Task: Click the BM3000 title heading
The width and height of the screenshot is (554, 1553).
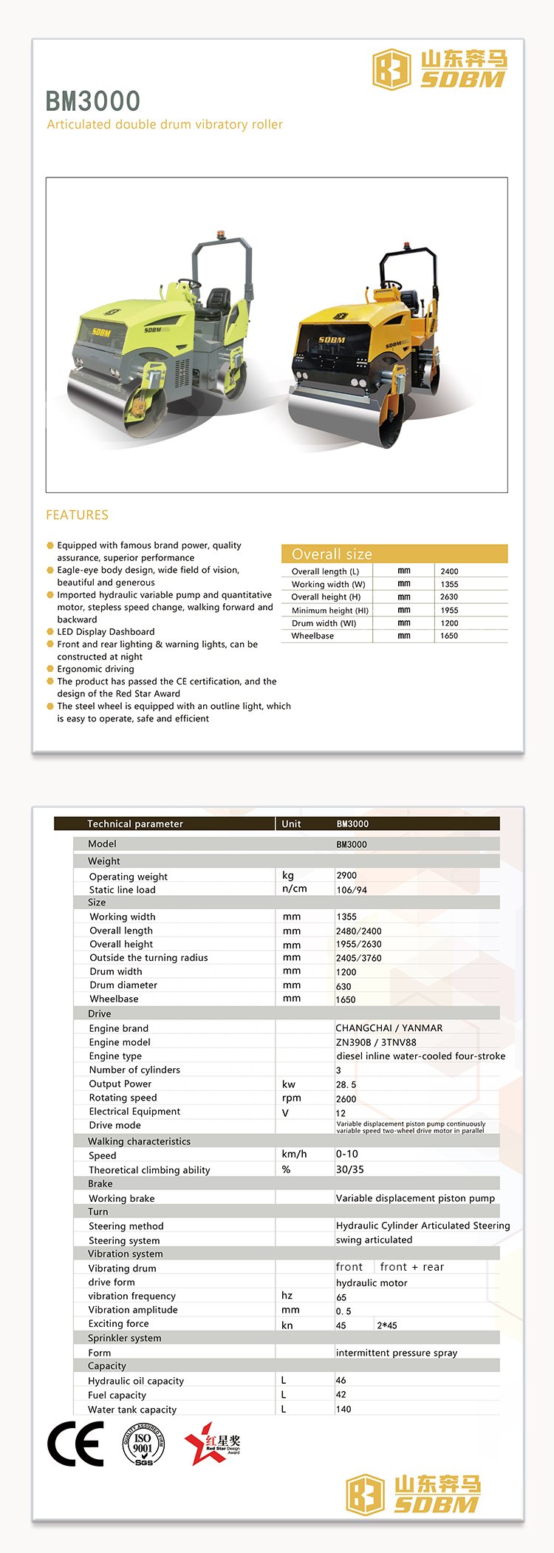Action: coord(93,101)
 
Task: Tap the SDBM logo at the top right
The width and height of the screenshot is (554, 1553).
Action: coord(440,69)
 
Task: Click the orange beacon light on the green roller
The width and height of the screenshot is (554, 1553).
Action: coord(220,236)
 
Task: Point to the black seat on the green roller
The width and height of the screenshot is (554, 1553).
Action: coord(216,299)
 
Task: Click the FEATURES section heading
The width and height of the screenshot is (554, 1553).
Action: coord(77,514)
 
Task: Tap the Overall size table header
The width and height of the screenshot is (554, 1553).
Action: coord(332,554)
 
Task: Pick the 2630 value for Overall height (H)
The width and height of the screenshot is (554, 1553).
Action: coord(449,597)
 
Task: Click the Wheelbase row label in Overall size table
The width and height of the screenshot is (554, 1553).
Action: coord(312,636)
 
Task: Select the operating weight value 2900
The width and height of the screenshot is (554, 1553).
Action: coord(346,875)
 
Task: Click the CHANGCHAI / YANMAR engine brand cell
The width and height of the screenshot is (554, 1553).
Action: coord(389,1027)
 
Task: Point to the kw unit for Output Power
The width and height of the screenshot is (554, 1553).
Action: coord(289,1084)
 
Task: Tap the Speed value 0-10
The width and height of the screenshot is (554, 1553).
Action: coord(347,1154)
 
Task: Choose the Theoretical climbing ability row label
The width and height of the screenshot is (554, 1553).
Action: coord(149,1169)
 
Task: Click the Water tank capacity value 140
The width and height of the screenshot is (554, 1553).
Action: coord(343,1409)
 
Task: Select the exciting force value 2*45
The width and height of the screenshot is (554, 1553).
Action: coord(387,1325)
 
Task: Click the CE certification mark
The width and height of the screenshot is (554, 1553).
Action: coord(76,1444)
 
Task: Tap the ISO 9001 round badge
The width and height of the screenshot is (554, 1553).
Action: coord(143,1444)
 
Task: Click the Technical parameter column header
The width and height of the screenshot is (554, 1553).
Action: coord(135,823)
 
